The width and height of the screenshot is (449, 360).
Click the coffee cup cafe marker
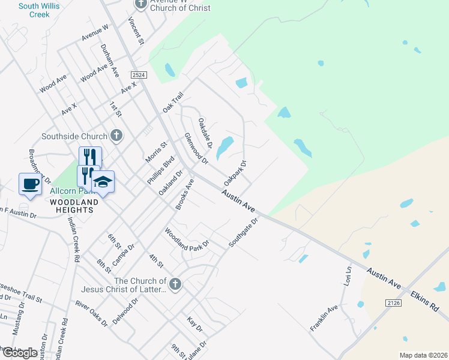click(31, 184)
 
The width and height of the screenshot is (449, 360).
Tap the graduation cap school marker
click(103, 182)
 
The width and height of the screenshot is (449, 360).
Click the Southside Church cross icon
click(116, 136)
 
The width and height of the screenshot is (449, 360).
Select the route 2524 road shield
click(139, 74)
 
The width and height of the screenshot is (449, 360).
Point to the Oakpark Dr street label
click(235, 172)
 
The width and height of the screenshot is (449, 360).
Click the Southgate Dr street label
click(243, 232)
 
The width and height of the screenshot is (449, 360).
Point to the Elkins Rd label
click(425, 300)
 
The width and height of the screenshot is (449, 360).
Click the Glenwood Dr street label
click(196, 148)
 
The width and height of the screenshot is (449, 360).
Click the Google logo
click(20, 353)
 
